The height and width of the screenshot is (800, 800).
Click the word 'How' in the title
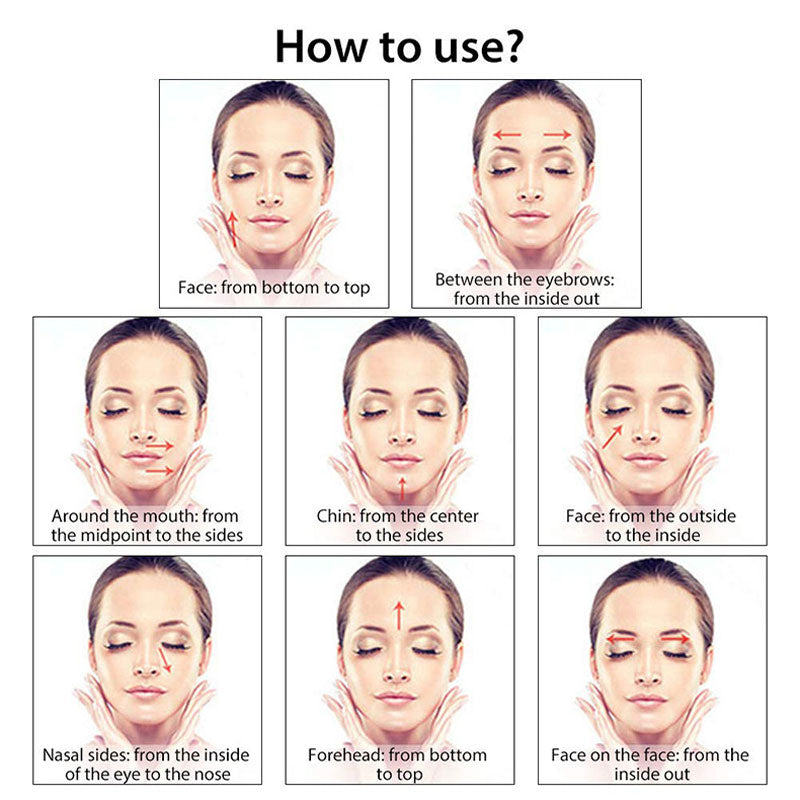(x=320, y=46)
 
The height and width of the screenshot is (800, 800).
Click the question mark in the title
(x=509, y=46)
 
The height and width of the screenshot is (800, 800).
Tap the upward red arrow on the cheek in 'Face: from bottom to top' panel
(x=232, y=229)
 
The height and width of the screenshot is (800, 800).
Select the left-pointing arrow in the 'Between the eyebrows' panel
(x=508, y=135)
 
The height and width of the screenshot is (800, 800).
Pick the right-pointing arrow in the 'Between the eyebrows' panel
(x=557, y=135)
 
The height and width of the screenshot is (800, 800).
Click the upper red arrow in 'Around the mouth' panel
(x=159, y=446)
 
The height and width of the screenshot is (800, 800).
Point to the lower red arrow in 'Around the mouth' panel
(x=159, y=470)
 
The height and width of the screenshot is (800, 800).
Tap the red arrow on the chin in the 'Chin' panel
(x=402, y=488)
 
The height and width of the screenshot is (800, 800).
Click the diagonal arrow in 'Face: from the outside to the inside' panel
(x=612, y=437)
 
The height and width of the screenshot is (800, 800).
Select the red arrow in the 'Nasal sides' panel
(x=164, y=661)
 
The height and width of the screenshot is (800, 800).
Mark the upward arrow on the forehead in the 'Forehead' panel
(x=399, y=616)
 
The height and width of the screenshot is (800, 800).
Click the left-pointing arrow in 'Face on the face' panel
(x=620, y=639)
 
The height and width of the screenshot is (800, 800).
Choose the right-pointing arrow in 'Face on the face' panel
(x=675, y=638)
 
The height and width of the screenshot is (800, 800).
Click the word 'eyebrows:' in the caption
(x=575, y=280)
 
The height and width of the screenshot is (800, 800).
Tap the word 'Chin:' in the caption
(x=336, y=516)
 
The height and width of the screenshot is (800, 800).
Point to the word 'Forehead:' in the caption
(x=345, y=755)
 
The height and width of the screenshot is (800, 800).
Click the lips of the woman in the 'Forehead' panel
(x=395, y=697)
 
